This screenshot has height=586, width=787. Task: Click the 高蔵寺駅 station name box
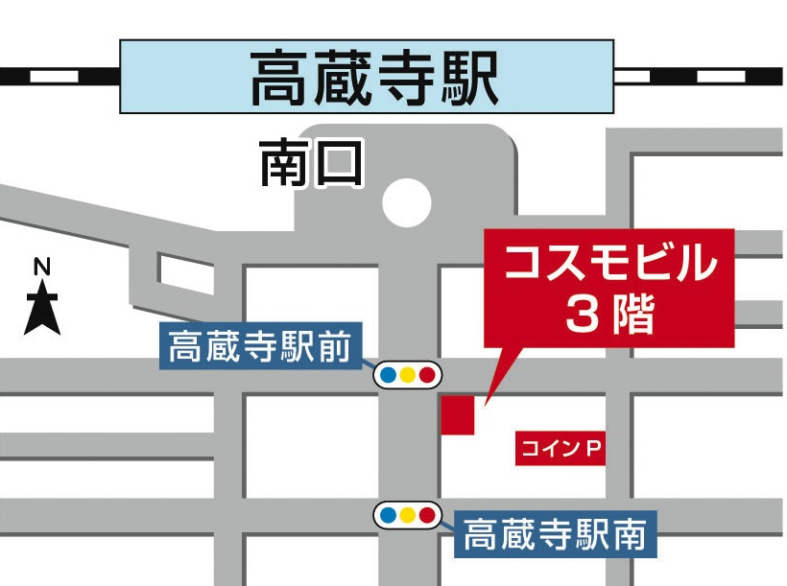[367, 77]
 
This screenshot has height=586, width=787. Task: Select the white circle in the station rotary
[407, 202]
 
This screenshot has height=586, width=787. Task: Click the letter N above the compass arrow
[42, 268]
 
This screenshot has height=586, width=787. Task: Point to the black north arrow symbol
[42, 308]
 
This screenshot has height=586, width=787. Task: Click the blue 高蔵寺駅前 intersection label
[259, 345]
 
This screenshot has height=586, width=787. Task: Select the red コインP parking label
[561, 447]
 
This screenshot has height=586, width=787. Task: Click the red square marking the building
[458, 413]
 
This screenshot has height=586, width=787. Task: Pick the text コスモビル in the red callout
[610, 264]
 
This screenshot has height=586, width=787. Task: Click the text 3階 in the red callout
[610, 314]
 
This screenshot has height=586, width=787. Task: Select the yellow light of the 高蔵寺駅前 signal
[408, 375]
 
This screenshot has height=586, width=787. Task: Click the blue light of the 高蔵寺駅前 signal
[389, 375]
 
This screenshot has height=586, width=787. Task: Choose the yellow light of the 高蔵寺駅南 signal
[408, 516]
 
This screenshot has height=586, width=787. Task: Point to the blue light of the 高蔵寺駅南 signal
[389, 516]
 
